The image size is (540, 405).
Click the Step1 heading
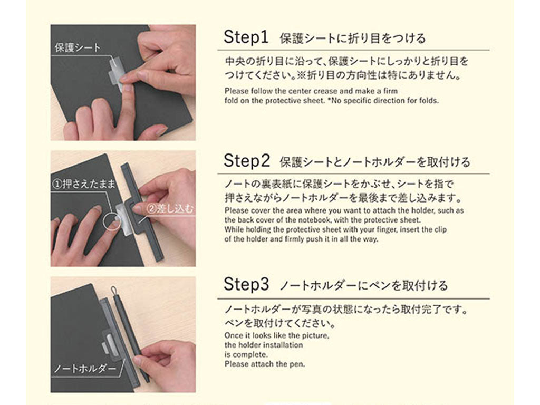pos(246,37)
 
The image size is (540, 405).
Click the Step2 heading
pos(247,160)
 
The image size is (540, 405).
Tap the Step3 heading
pos(246,284)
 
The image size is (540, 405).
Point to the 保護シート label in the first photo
pos(78,47)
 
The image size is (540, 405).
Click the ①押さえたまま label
pos(83,184)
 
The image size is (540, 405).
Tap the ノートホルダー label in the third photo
pos(85,369)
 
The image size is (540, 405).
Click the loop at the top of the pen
pos(114,291)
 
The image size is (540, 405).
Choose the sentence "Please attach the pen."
pos(265,364)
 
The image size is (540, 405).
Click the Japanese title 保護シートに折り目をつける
pos(353,38)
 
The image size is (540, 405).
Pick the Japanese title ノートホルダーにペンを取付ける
pos(364,285)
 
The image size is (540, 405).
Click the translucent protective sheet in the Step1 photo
pos(115,73)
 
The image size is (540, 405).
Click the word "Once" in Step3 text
pos(233,335)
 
